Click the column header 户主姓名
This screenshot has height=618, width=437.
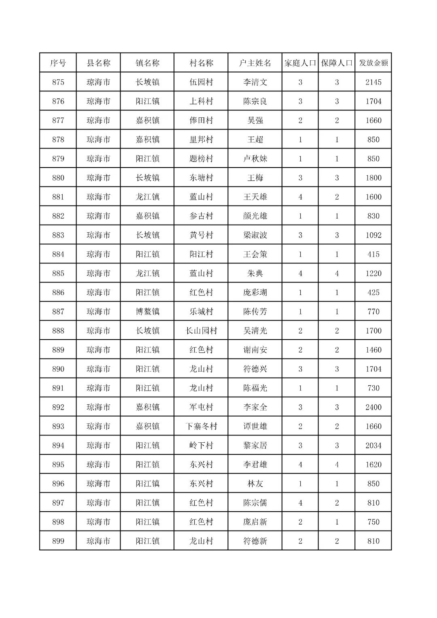[x=255, y=63]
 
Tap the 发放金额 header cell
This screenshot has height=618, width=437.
[x=373, y=63]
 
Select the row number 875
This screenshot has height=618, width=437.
[x=58, y=82]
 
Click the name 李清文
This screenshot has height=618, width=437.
[x=255, y=82]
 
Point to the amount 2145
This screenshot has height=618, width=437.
[x=373, y=82]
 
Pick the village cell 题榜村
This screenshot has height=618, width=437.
[x=201, y=159]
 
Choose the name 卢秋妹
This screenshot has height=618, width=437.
[x=255, y=159]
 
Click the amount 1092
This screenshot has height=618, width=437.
[x=373, y=235]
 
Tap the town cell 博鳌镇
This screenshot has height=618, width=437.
[x=147, y=312]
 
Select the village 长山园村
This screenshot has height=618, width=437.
[x=201, y=331]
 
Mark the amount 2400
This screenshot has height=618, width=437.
[x=373, y=407]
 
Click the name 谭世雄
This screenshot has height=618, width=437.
[x=255, y=426]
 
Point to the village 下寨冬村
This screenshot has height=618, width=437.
[x=201, y=426]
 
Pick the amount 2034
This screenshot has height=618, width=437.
[x=373, y=445]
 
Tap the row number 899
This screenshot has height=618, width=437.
[x=58, y=541]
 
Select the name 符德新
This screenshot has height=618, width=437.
[x=255, y=541]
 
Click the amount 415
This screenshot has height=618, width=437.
[x=373, y=254]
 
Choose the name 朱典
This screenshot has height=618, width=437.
[x=255, y=273]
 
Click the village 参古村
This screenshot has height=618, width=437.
[x=201, y=216]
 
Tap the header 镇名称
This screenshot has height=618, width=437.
[x=147, y=63]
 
